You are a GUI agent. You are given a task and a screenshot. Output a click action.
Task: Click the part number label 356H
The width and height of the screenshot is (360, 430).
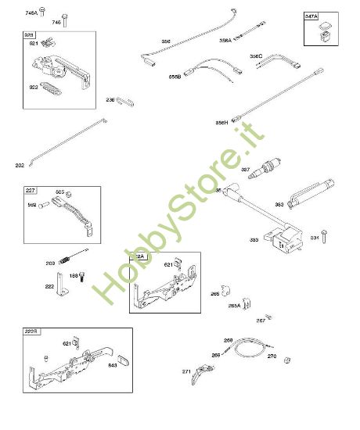pyautogui.click(x=221, y=123)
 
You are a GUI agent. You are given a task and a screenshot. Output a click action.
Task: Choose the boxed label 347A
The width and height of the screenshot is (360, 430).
pyautogui.click(x=311, y=16)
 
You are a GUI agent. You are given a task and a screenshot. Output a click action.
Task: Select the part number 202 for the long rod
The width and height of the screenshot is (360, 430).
pyautogui.click(x=20, y=165)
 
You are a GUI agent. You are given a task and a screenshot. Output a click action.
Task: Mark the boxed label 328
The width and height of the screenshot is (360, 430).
pyautogui.click(x=29, y=35)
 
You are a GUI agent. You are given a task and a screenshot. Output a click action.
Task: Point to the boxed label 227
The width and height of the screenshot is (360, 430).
pyautogui.click(x=31, y=190)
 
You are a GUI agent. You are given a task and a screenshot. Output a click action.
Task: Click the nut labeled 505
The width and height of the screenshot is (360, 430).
pyautogui.click(x=69, y=194)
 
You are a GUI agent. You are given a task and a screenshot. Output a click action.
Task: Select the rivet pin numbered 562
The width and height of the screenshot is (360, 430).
pyautogui.click(x=45, y=206)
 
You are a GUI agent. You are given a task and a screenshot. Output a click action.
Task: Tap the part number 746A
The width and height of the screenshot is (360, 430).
pyautogui.click(x=31, y=13)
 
